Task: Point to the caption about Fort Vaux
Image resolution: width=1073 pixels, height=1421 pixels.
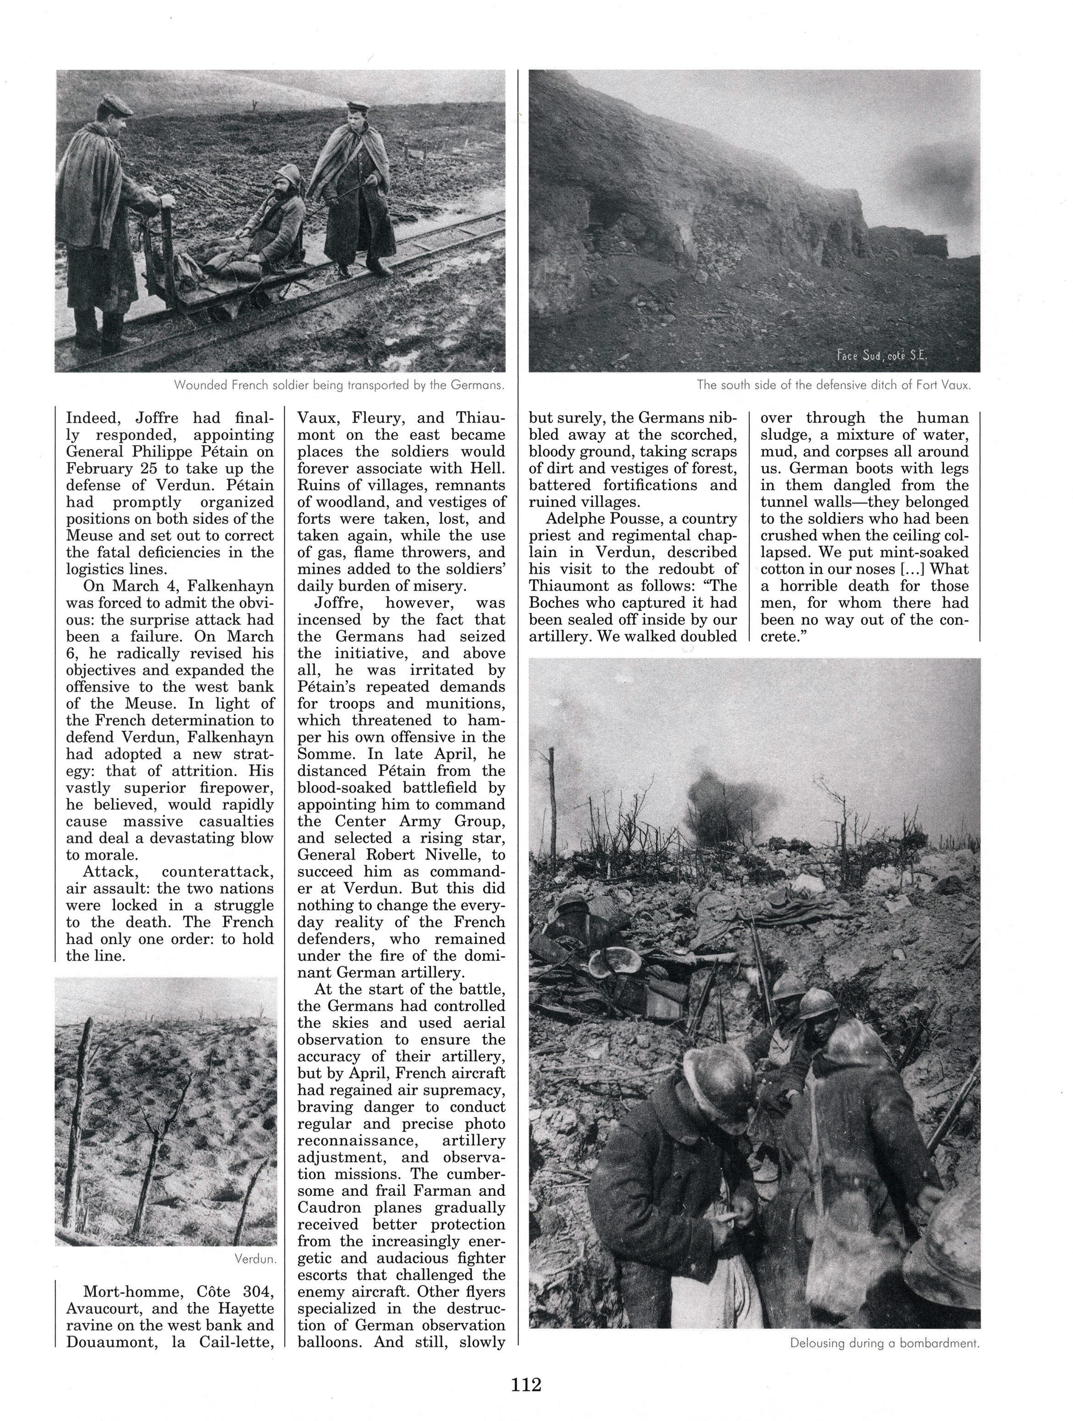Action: click(x=833, y=386)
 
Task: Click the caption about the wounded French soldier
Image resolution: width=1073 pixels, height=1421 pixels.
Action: click(x=338, y=386)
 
